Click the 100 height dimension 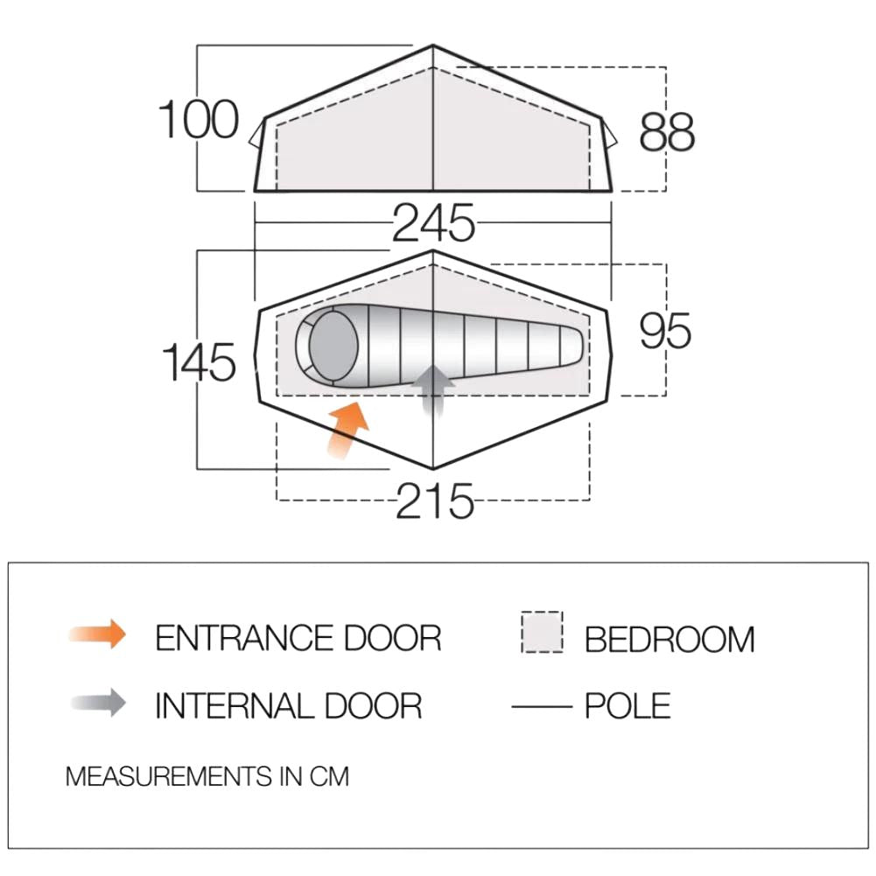click(199, 120)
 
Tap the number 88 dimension click(667, 132)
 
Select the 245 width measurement click(433, 223)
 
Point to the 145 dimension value click(199, 362)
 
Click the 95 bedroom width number click(665, 331)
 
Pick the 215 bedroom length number click(435, 501)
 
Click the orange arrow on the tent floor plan click(347, 431)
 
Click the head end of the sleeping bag click(327, 345)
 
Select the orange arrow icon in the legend click(98, 634)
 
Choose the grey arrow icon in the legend click(98, 703)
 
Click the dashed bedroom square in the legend click(542, 632)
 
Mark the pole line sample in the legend click(542, 707)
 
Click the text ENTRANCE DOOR click(298, 638)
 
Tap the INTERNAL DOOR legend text click(288, 705)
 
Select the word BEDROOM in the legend click(669, 639)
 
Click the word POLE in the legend click(627, 705)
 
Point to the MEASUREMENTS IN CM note click(207, 776)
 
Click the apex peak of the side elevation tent click(433, 46)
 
